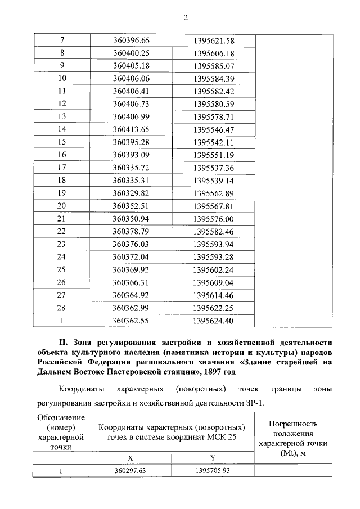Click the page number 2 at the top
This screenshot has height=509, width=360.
pos(184,17)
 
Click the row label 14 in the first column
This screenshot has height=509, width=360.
pos(62,129)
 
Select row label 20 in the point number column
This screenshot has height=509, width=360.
pos(62,206)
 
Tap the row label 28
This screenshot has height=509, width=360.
pos(62,308)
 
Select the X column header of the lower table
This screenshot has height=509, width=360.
pos(130,458)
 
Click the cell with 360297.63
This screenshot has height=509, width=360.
pos(131,470)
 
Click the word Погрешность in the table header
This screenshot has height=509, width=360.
pos(293,424)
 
